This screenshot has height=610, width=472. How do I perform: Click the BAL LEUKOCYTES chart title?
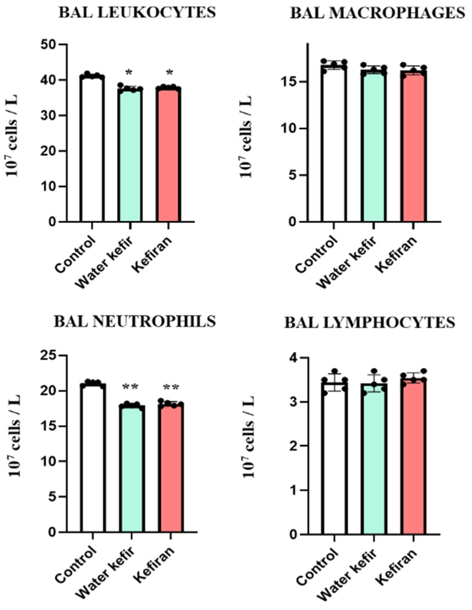pos(137,13)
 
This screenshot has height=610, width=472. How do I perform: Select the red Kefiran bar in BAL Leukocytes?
pos(168,154)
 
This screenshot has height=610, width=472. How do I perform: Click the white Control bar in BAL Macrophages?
pos(334,145)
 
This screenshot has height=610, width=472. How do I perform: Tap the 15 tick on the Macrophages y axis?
pos(290,82)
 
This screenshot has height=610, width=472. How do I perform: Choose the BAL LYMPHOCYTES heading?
pos(369,323)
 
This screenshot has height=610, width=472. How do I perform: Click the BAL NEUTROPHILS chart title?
pos(135,321)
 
